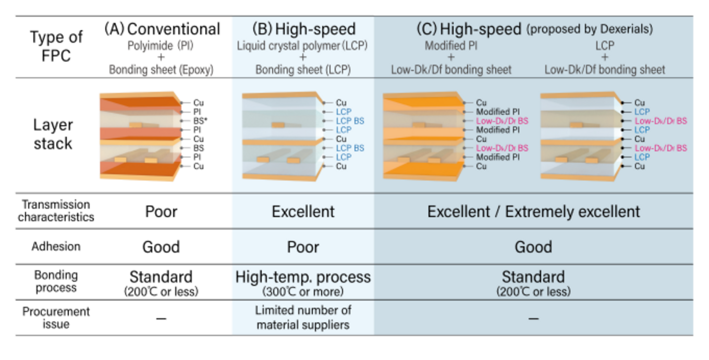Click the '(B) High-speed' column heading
pyautogui.click(x=303, y=29)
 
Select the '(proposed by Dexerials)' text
pyautogui.click(x=590, y=29)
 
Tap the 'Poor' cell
pyautogui.click(x=303, y=247)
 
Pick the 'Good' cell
pyautogui.click(x=533, y=247)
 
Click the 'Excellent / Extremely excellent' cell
pyautogui.click(x=533, y=212)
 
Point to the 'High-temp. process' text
pyautogui.click(x=303, y=277)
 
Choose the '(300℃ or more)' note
pyautogui.click(x=303, y=291)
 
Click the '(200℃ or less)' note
pyautogui.click(x=533, y=292)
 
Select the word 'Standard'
pyautogui.click(x=533, y=277)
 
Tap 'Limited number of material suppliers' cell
pyautogui.click(x=303, y=317)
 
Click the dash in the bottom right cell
pyautogui.click(x=533, y=318)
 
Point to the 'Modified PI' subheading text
pyautogui.click(x=451, y=46)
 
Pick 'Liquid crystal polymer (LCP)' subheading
pyautogui.click(x=302, y=46)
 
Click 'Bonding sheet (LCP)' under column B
pyautogui.click(x=302, y=69)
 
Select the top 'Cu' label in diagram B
pyautogui.click(x=341, y=103)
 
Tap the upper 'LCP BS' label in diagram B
pyautogui.click(x=350, y=121)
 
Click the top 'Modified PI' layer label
pyautogui.click(x=497, y=112)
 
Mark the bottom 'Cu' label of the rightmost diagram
pyautogui.click(x=639, y=166)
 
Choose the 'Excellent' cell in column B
pyautogui.click(x=303, y=212)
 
